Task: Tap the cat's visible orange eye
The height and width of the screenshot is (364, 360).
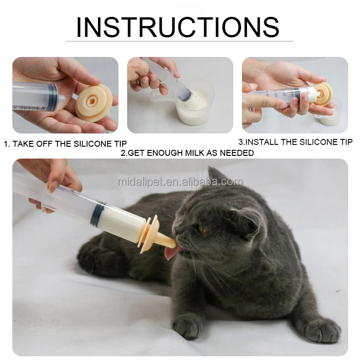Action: pos(203,230)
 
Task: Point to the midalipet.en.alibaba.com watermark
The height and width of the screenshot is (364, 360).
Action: pos(180,182)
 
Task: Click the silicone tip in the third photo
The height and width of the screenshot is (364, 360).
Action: pos(322,93)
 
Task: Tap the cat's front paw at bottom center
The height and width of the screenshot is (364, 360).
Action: pos(188,326)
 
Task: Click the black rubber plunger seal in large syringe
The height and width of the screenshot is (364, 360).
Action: pos(98,212)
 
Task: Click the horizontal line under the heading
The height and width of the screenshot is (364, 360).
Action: pos(180,41)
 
